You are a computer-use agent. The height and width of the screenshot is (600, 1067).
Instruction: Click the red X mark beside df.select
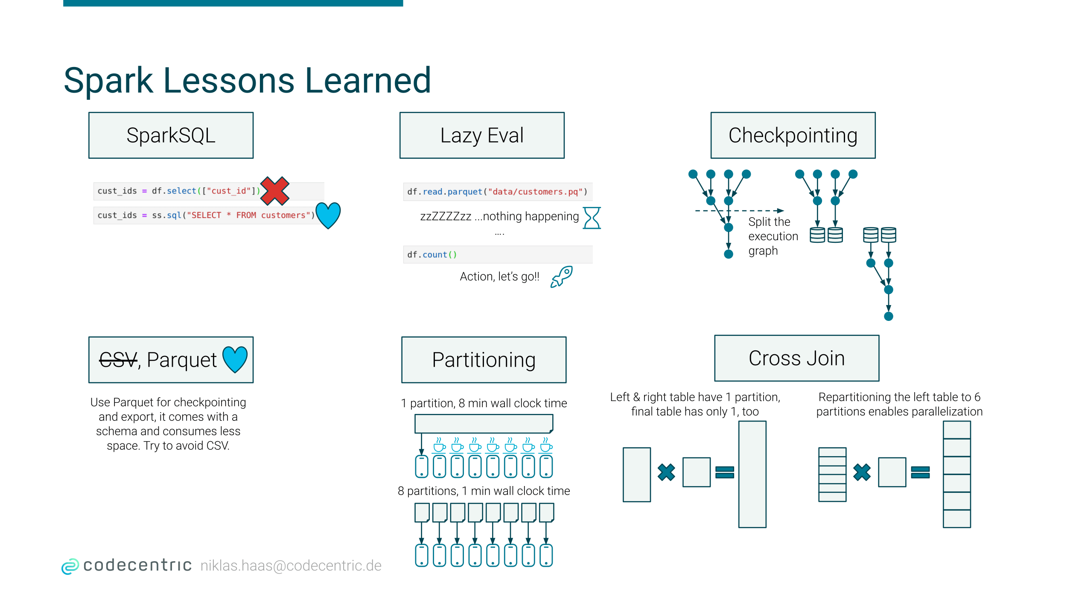275,191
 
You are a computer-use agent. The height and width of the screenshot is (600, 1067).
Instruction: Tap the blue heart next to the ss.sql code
328,215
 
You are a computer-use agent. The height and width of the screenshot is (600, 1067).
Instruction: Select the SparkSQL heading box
171,135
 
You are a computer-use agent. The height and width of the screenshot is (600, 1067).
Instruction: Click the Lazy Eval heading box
482,135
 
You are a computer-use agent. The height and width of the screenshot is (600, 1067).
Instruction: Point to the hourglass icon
592,218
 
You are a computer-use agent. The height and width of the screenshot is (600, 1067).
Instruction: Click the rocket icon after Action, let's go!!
562,277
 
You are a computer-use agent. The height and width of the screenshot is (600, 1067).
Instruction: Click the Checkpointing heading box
793,135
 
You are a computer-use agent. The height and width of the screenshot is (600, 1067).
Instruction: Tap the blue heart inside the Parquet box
235,359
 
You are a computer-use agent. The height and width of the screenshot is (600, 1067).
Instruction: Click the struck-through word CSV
119,360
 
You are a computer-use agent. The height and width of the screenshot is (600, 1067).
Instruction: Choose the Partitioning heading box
484,360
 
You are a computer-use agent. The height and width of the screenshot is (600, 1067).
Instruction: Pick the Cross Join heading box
797,358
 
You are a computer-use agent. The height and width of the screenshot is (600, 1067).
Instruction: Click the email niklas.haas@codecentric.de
291,565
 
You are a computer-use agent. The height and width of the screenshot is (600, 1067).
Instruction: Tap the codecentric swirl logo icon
70,566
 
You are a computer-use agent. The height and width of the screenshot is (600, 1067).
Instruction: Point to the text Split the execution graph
773,236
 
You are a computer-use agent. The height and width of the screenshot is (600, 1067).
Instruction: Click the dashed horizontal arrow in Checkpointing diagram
739,210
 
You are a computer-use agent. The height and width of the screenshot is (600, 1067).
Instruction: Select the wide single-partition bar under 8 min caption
484,423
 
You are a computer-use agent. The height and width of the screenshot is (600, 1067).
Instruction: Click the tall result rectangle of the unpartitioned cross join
752,474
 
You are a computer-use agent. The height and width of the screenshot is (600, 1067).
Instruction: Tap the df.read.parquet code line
498,192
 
